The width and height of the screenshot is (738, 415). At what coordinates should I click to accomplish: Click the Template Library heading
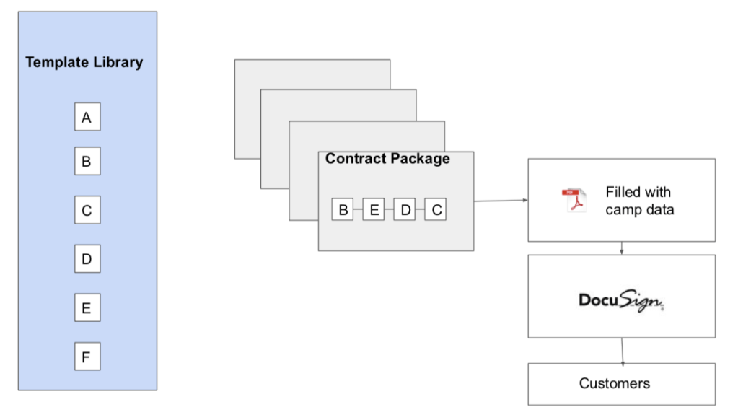point(84,62)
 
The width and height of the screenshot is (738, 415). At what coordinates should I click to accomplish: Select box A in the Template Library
point(87,118)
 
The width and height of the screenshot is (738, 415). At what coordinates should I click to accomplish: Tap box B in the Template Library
point(87,162)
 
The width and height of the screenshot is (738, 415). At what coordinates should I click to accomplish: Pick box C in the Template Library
point(87,211)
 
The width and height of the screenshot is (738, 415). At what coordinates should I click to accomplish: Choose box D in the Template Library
point(87,258)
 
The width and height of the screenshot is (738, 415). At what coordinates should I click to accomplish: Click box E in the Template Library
point(87,308)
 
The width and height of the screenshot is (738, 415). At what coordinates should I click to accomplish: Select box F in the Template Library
point(87,357)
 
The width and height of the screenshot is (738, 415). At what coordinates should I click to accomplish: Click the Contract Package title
point(387,159)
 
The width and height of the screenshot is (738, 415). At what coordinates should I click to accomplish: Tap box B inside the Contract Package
point(343,210)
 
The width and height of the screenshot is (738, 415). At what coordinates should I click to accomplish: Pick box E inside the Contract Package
point(374,210)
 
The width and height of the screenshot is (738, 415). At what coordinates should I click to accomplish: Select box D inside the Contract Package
point(405,210)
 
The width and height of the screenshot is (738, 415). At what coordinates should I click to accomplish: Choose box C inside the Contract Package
point(436,210)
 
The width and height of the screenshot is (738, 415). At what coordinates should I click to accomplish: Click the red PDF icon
point(571,200)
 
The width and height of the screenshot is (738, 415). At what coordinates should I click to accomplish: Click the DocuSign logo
point(620,300)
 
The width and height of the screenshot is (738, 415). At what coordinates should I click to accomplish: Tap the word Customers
point(614,383)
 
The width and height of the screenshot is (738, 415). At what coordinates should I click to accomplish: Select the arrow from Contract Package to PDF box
point(501,201)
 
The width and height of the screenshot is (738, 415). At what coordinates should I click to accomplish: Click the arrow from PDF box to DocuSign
point(621,248)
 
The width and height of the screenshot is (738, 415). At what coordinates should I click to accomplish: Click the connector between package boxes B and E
point(358,210)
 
